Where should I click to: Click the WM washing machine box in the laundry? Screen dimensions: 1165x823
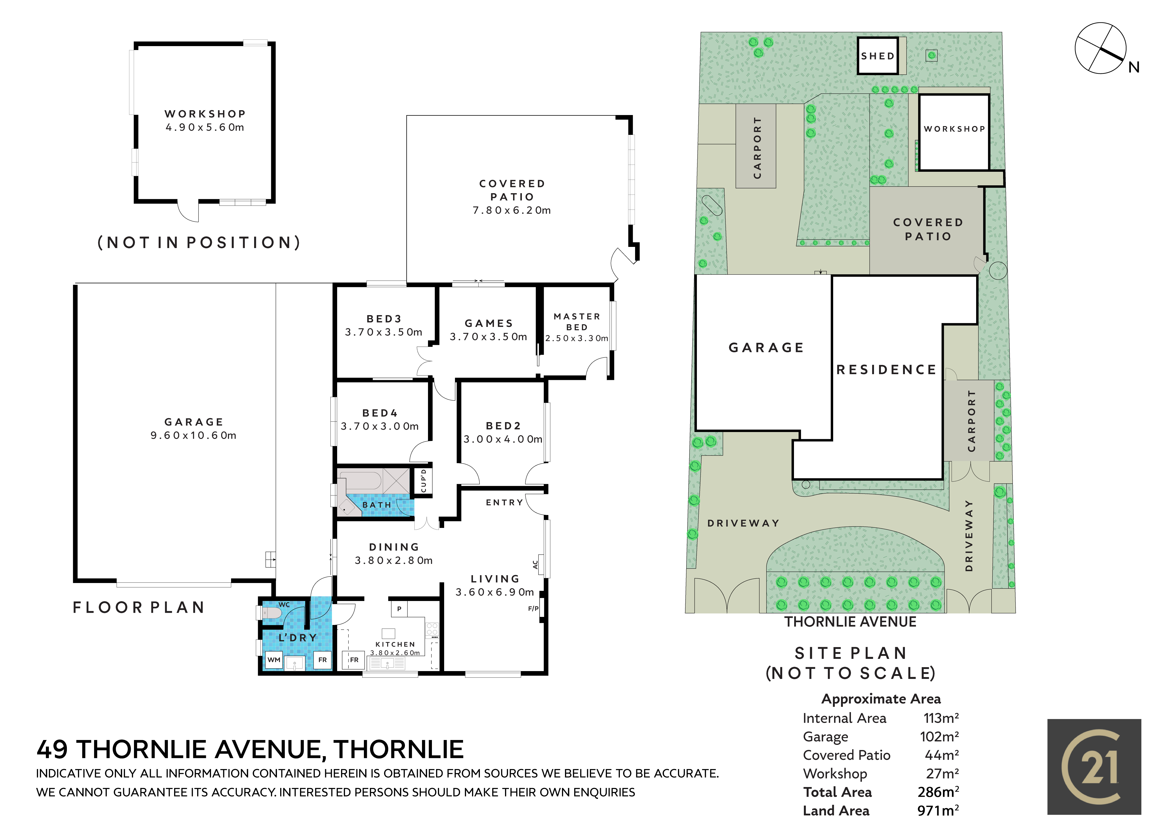(274, 660)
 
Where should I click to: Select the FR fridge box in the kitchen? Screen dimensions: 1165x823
(354, 660)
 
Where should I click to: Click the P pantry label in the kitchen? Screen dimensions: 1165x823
(399, 608)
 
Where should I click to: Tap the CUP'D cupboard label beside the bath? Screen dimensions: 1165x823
(424, 480)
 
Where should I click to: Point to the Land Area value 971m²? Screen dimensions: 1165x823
(938, 810)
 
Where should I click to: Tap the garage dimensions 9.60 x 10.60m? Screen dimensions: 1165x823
(193, 435)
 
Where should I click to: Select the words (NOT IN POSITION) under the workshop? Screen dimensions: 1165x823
(199, 243)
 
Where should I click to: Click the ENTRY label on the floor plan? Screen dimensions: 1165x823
(504, 502)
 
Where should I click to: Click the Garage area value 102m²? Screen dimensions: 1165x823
(939, 736)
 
